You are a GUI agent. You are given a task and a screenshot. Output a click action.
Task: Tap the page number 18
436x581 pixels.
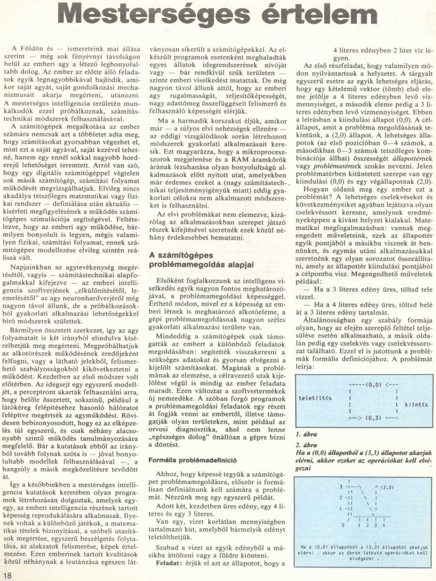(7, 575)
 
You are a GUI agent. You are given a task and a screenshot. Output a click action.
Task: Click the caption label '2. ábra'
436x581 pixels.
(304, 444)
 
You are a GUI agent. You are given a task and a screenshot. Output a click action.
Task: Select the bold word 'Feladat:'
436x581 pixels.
(168, 564)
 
